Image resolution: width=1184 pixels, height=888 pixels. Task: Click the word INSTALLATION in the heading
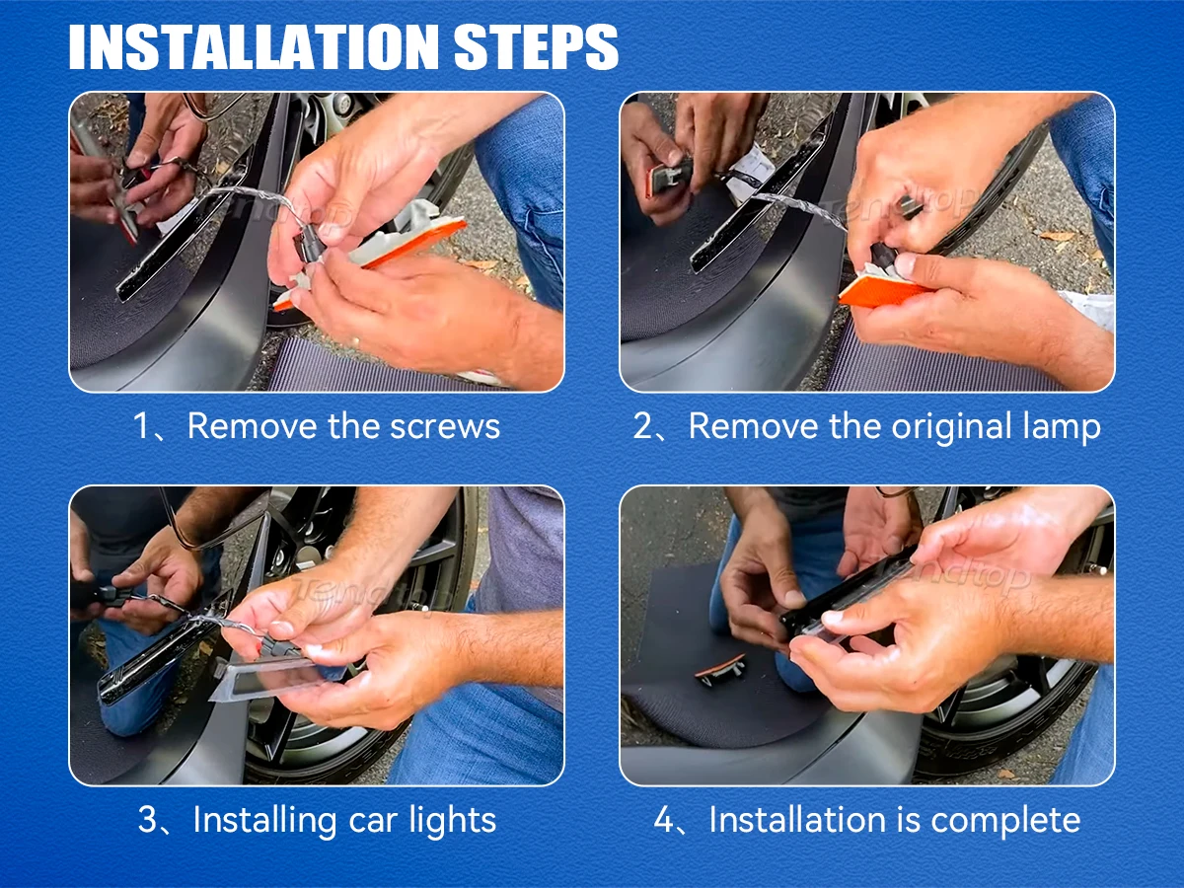click(254, 47)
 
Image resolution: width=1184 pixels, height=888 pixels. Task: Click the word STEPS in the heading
click(536, 47)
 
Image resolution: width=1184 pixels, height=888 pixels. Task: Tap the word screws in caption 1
click(445, 426)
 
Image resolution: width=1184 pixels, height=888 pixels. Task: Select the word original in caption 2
click(951, 427)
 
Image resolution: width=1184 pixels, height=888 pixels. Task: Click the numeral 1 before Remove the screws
click(141, 426)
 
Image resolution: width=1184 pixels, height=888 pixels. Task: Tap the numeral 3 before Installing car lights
click(147, 820)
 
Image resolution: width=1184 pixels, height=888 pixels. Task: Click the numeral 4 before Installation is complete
click(663, 820)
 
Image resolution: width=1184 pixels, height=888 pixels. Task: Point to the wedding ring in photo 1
click(354, 341)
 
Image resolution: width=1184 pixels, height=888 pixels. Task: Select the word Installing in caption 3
click(264, 821)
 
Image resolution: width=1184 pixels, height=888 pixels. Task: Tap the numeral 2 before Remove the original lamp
click(642, 426)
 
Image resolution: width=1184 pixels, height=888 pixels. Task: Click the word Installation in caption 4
click(797, 820)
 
